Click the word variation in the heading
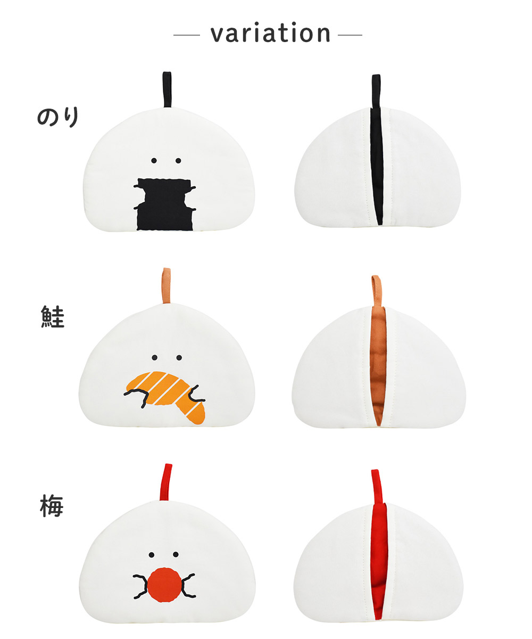point(270,32)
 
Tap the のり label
point(58,117)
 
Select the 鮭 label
point(53,317)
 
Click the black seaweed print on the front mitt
point(165,204)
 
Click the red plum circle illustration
point(164,585)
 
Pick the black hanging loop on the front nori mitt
point(167,89)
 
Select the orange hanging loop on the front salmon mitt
point(166,285)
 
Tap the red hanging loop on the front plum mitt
point(165,482)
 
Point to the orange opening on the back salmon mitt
point(378,366)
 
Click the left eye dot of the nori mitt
point(154,161)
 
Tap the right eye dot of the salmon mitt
point(179,357)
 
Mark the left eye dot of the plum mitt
point(151,554)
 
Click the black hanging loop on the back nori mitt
point(376,91)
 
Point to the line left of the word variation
point(187,35)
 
